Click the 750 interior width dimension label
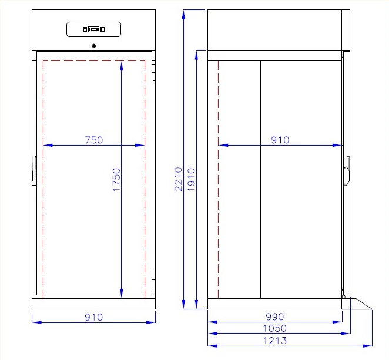94,140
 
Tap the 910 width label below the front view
93,317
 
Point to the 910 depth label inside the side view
280,140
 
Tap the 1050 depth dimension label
276,329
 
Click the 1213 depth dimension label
276,341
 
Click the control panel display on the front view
94,29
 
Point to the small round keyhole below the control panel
94,46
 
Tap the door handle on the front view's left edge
33,169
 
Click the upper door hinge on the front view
154,77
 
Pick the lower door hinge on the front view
154,275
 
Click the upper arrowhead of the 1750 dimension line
122,64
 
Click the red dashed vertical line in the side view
219,176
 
